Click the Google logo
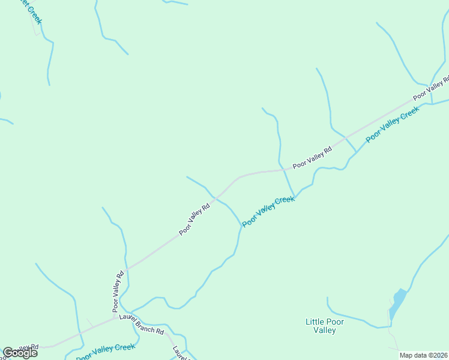pos(20,353)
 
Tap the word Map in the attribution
pos(407,355)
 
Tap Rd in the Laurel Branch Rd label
pos(160,331)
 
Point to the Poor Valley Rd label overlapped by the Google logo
pos(24,348)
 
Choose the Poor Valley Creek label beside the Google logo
pos(106,351)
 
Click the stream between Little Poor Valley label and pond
pos(360,321)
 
